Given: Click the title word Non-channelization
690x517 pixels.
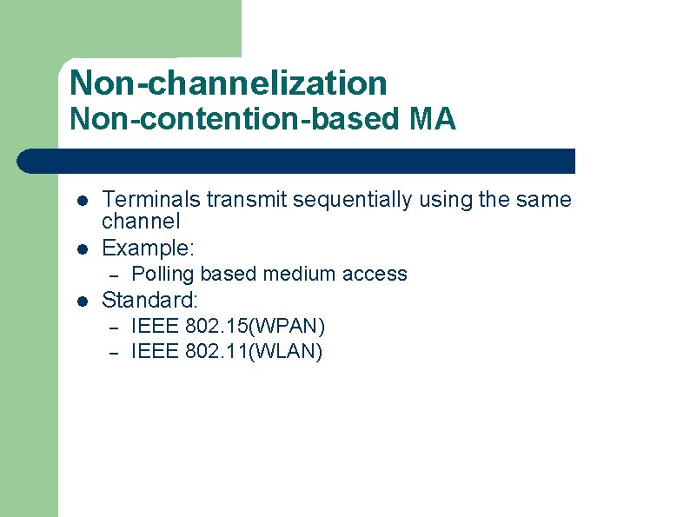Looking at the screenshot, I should click(x=228, y=83).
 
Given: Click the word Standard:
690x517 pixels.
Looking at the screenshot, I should click(x=150, y=301).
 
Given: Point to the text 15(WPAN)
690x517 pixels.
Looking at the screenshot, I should click(x=281, y=327).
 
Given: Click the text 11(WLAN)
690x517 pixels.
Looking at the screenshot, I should click(x=279, y=352).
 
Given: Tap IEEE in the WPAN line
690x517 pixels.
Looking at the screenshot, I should click(x=155, y=327).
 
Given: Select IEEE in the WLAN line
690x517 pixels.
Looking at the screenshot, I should click(x=155, y=352).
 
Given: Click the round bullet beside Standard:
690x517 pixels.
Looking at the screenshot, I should click(x=80, y=302).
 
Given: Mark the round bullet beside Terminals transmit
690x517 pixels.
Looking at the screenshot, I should click(x=80, y=200).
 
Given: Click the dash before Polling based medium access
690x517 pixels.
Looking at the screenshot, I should click(x=111, y=275).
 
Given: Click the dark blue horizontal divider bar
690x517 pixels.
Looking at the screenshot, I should click(x=295, y=161).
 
